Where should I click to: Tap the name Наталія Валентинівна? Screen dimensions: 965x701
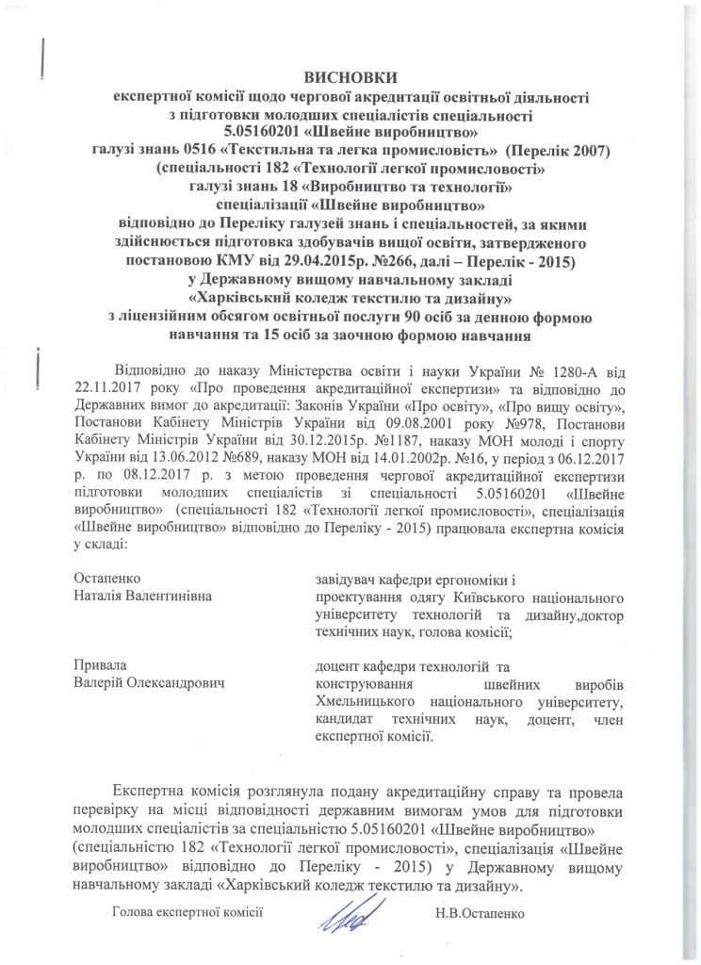(x=143, y=596)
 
